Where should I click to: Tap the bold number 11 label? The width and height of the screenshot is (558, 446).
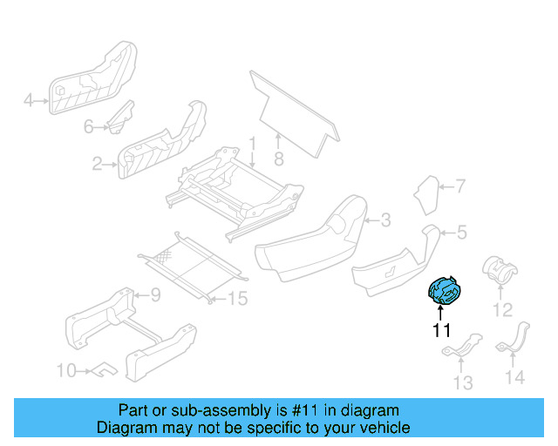click(x=442, y=330)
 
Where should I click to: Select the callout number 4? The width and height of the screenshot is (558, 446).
click(x=28, y=101)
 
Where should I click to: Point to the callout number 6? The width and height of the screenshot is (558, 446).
click(x=88, y=127)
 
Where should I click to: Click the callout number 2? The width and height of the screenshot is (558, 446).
click(x=98, y=162)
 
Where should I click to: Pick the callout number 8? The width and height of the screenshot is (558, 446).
click(x=279, y=159)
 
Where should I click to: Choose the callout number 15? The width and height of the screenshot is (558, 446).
click(x=237, y=299)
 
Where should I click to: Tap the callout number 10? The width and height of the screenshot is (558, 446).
click(x=66, y=371)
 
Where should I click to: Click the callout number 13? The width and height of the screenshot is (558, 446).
click(x=462, y=382)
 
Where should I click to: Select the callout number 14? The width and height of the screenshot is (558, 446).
click(x=515, y=377)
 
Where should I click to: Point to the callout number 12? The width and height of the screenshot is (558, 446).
click(x=502, y=309)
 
